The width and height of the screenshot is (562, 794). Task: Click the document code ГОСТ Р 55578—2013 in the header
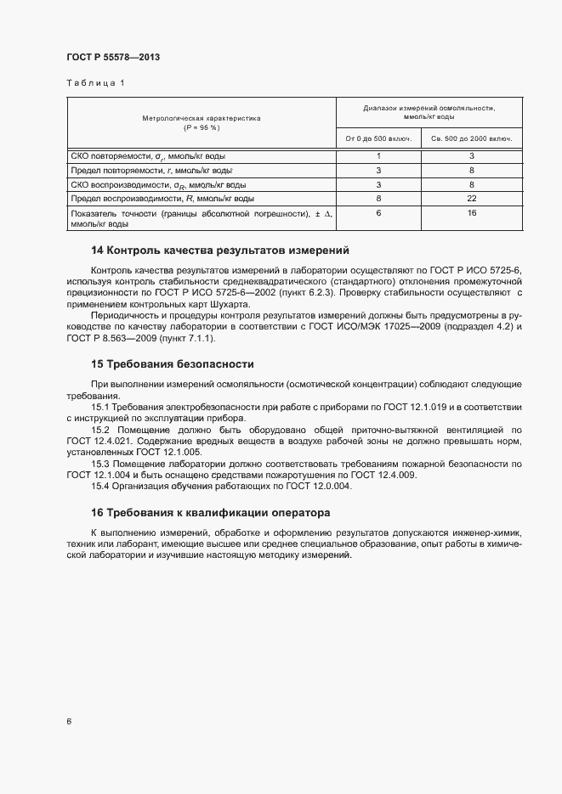coord(113,57)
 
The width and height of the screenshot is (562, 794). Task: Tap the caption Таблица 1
coord(95,83)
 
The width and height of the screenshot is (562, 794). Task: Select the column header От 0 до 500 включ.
coord(378,138)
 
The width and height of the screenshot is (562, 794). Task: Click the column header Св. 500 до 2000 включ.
coord(472,138)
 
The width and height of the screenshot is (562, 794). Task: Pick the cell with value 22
coord(472,198)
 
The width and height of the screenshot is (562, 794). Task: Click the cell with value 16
coord(472,213)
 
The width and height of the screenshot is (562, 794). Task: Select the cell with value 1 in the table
coord(378,156)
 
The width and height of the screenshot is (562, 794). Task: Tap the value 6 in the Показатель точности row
coord(378,213)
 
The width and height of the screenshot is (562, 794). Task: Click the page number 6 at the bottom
coord(69,722)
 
